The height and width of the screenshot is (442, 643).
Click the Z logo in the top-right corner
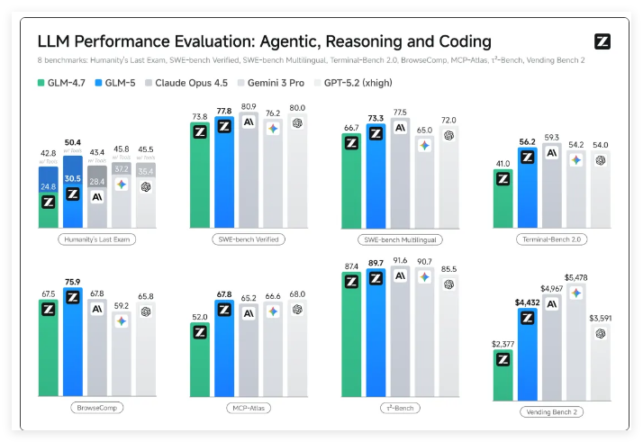coord(603,41)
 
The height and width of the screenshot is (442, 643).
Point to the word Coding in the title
coord(459,41)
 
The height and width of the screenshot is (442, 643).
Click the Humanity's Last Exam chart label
coord(95,239)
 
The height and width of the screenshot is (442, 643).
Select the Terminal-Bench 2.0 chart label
coord(552,239)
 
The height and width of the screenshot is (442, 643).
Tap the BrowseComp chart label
coord(95,407)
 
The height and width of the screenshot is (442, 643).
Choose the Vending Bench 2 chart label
coord(552,412)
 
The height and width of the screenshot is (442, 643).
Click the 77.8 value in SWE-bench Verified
coord(223,112)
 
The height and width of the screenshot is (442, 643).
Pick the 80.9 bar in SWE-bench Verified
coord(248,171)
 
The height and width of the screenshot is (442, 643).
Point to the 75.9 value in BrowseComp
coord(73,281)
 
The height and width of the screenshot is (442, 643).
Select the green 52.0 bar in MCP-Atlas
coord(200,360)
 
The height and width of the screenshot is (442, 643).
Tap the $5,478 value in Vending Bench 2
coord(575,277)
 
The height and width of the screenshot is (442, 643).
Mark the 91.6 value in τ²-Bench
coord(400,260)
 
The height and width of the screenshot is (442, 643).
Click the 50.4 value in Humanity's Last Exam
coord(73,142)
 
